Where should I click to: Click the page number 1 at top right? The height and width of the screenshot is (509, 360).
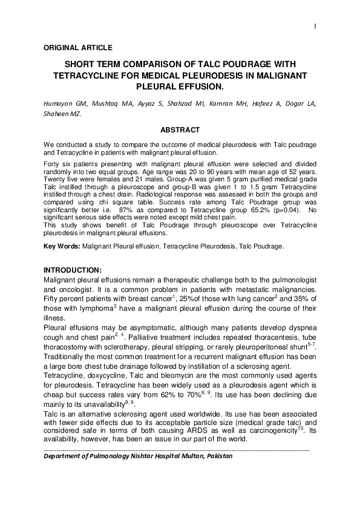pyautogui.click(x=316, y=26)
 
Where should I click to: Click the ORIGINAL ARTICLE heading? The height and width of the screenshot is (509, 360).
pyautogui.click(x=78, y=47)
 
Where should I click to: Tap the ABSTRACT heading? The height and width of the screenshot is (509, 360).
pyautogui.click(x=180, y=129)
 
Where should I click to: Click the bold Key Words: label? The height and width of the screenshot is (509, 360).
pyautogui.click(x=62, y=246)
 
